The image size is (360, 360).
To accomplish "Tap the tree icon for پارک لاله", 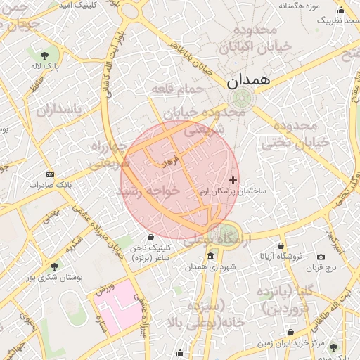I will pyautogui.click(x=45, y=56).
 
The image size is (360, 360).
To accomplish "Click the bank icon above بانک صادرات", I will pyautogui.click(x=49, y=174).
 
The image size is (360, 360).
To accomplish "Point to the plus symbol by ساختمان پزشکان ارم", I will pyautogui.click(x=233, y=181).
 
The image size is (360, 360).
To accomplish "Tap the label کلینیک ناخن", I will pyautogui.click(x=150, y=248).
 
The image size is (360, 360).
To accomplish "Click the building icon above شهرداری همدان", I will pyautogui.click(x=210, y=255).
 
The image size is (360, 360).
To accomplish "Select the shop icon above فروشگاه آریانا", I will pyautogui.click(x=281, y=246).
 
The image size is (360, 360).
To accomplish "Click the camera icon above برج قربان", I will pyautogui.click(x=321, y=258).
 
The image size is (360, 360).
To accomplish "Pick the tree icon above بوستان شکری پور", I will pyautogui.click(x=54, y=266).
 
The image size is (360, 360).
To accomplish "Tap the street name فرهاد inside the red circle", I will pyautogui.click(x=172, y=162).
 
